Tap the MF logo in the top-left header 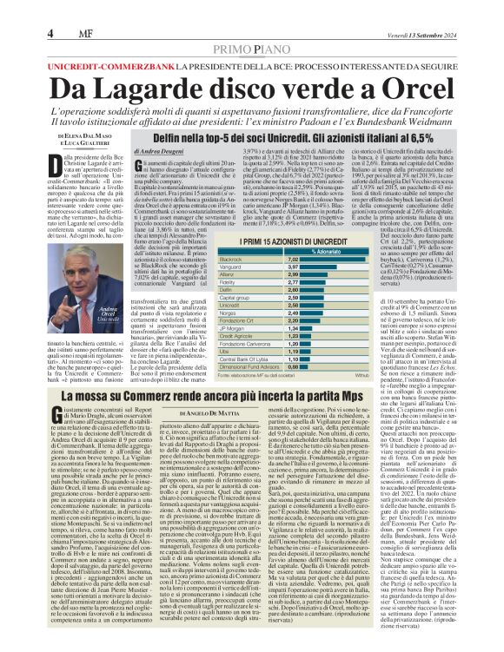click(73, 10)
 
